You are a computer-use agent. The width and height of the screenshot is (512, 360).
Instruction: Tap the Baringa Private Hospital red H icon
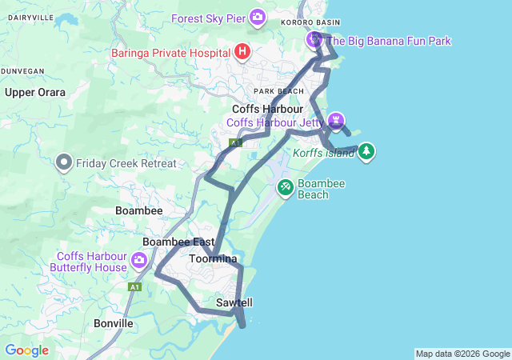243,53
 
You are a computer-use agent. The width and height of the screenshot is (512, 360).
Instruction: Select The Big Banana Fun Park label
390,41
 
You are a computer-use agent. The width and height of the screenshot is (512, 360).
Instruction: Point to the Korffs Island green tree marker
366,151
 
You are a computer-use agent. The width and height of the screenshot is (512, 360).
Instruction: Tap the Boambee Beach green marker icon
285,188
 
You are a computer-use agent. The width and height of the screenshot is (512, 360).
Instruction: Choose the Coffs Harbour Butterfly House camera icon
139,261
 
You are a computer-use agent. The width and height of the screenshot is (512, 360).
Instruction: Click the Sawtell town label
234,303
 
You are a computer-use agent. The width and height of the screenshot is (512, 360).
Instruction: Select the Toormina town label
213,259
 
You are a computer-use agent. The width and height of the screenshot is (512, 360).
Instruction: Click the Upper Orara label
34,92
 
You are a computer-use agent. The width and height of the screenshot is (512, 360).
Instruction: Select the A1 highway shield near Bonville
135,286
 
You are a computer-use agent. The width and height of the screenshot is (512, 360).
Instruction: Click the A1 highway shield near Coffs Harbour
235,143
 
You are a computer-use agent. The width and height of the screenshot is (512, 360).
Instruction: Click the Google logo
26,350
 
